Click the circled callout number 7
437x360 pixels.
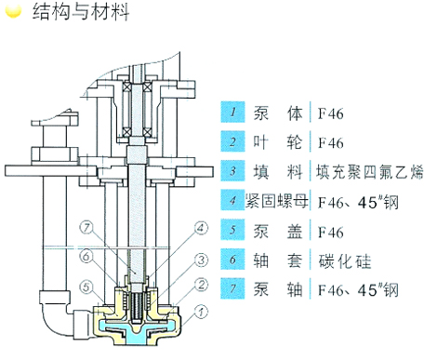click(x=86, y=228)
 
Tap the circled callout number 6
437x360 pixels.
click(x=86, y=257)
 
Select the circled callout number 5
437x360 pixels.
click(x=86, y=287)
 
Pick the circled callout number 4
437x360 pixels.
click(x=201, y=228)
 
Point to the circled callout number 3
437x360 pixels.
click(x=201, y=260)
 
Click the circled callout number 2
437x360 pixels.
click(x=201, y=285)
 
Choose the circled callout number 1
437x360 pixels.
click(x=201, y=312)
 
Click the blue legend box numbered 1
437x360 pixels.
click(x=232, y=112)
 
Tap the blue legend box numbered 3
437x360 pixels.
click(x=232, y=170)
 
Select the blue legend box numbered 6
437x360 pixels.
click(x=232, y=259)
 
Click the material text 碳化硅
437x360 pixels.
click(x=345, y=261)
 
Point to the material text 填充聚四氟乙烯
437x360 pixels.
click(x=369, y=172)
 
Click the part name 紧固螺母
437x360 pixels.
click(x=277, y=201)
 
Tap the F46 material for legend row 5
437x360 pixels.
click(x=331, y=233)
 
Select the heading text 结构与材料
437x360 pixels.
click(x=81, y=11)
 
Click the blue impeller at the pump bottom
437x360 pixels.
click(x=138, y=331)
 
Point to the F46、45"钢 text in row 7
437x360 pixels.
click(x=358, y=290)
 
